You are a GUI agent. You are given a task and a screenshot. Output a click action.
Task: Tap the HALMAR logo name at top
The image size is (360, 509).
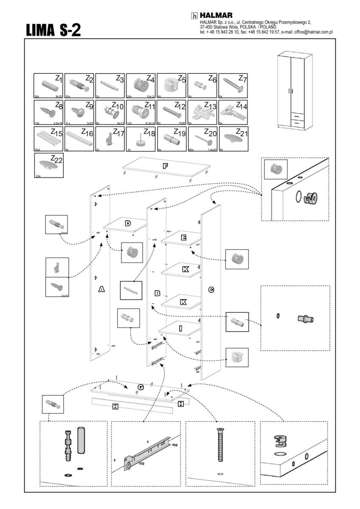click(x=216, y=16)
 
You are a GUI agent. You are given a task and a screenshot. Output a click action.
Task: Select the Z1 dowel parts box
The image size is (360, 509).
click(x=48, y=86)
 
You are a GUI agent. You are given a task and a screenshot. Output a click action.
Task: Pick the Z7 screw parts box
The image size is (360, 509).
click(x=233, y=86)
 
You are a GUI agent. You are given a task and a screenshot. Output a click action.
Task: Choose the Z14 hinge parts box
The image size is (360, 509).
click(x=233, y=112)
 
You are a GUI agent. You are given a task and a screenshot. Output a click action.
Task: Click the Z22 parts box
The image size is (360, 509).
click(x=48, y=165)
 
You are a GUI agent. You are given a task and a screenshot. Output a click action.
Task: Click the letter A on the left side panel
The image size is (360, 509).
click(x=101, y=289)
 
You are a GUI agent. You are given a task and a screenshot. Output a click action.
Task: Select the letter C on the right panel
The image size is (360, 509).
click(x=211, y=290)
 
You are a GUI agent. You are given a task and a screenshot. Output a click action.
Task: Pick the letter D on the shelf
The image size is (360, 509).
click(x=127, y=223)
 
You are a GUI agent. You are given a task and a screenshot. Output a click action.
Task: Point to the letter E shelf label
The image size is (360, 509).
click(x=183, y=238)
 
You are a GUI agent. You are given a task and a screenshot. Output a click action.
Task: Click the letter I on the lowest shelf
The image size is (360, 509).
click(x=180, y=328)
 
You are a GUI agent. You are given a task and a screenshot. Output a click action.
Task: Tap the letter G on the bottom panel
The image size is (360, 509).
click(x=141, y=387)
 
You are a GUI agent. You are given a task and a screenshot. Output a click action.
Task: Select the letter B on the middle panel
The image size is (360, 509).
click(x=157, y=293)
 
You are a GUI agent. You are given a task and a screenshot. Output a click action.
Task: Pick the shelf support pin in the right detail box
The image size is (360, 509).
click(x=306, y=319)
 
